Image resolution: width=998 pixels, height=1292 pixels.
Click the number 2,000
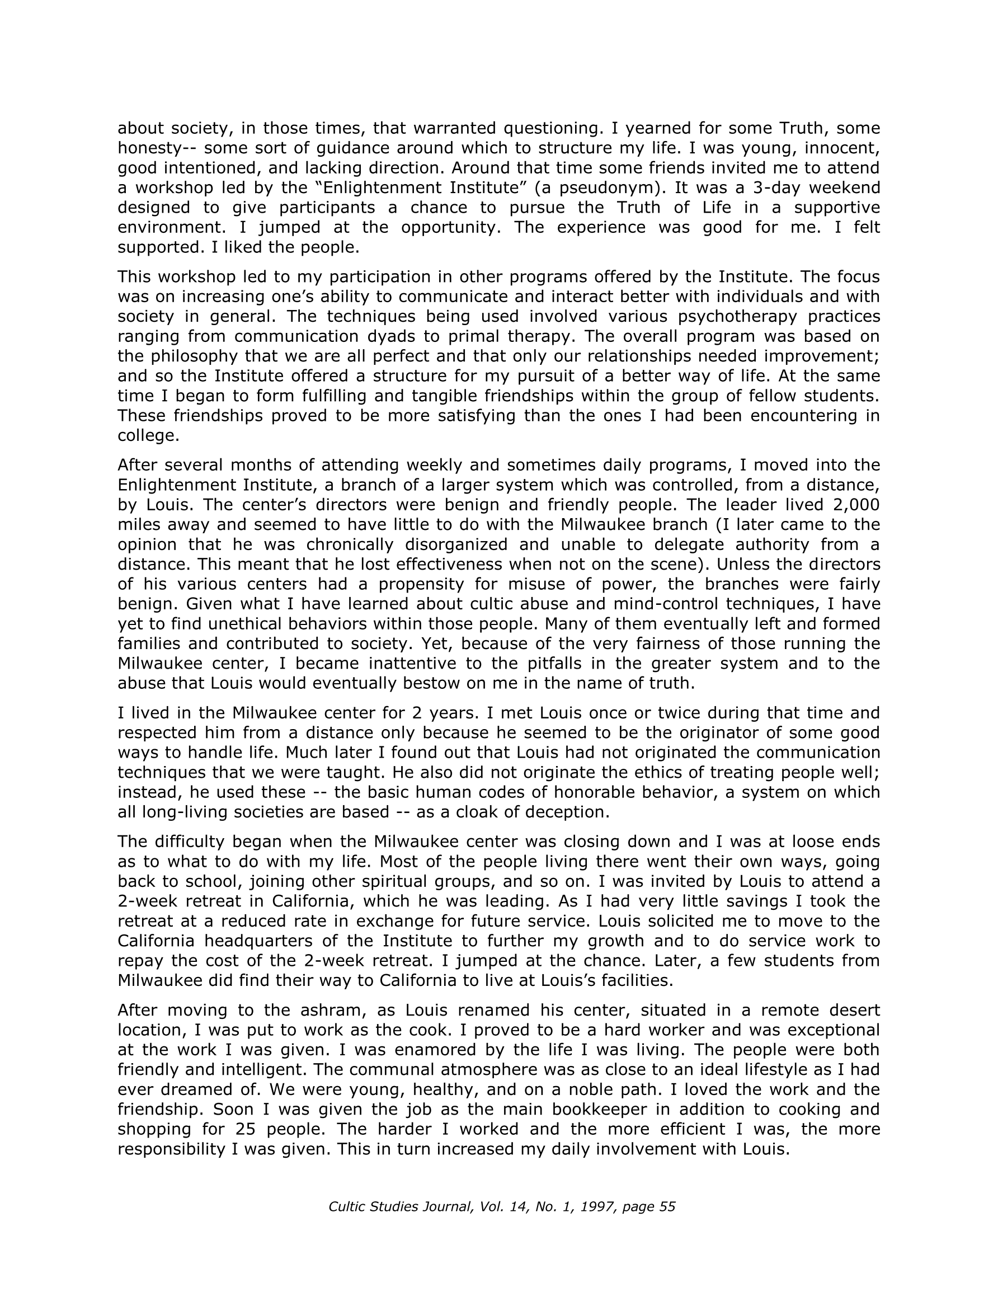856,505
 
